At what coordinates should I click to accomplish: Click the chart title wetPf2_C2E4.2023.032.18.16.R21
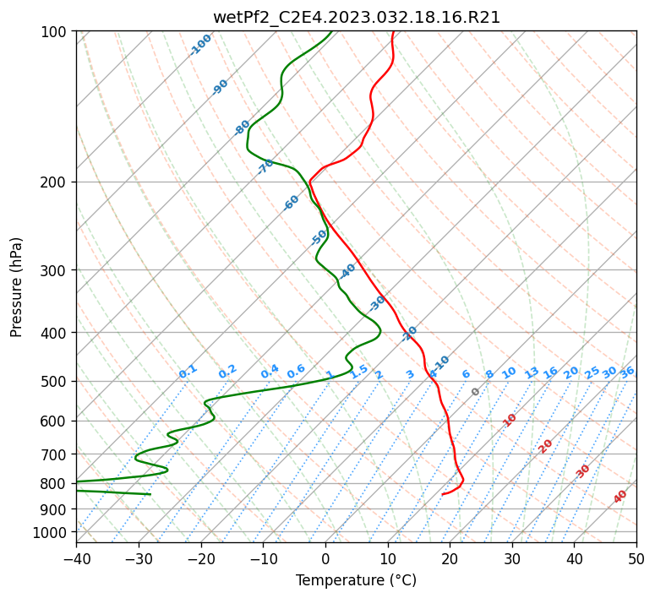tap(357, 17)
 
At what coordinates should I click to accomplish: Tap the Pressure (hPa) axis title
tap(15, 287)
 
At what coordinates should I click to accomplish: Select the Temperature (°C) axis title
tap(357, 580)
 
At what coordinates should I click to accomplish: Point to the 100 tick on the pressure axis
tap(54, 31)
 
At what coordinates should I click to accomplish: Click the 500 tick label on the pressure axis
tap(54, 381)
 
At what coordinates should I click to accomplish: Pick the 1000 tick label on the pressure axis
tap(51, 533)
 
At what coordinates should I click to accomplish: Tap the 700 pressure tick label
tap(54, 454)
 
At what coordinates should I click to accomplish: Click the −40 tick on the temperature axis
tap(76, 558)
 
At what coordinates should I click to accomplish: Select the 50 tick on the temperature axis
tap(636, 558)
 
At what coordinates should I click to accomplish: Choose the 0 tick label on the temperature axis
tap(325, 558)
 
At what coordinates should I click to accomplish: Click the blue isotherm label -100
tap(200, 45)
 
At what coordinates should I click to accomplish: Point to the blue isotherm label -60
tap(291, 203)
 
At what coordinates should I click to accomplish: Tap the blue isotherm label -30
tap(376, 303)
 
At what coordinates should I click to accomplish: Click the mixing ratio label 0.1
tap(188, 372)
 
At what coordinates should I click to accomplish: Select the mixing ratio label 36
tap(627, 372)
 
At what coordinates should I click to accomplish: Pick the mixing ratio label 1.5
tap(359, 372)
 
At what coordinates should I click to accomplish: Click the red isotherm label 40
tap(620, 497)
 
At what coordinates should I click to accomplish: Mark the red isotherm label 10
tap(510, 420)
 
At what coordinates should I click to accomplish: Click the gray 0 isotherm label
tap(475, 392)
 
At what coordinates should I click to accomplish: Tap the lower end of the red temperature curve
tap(442, 494)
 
